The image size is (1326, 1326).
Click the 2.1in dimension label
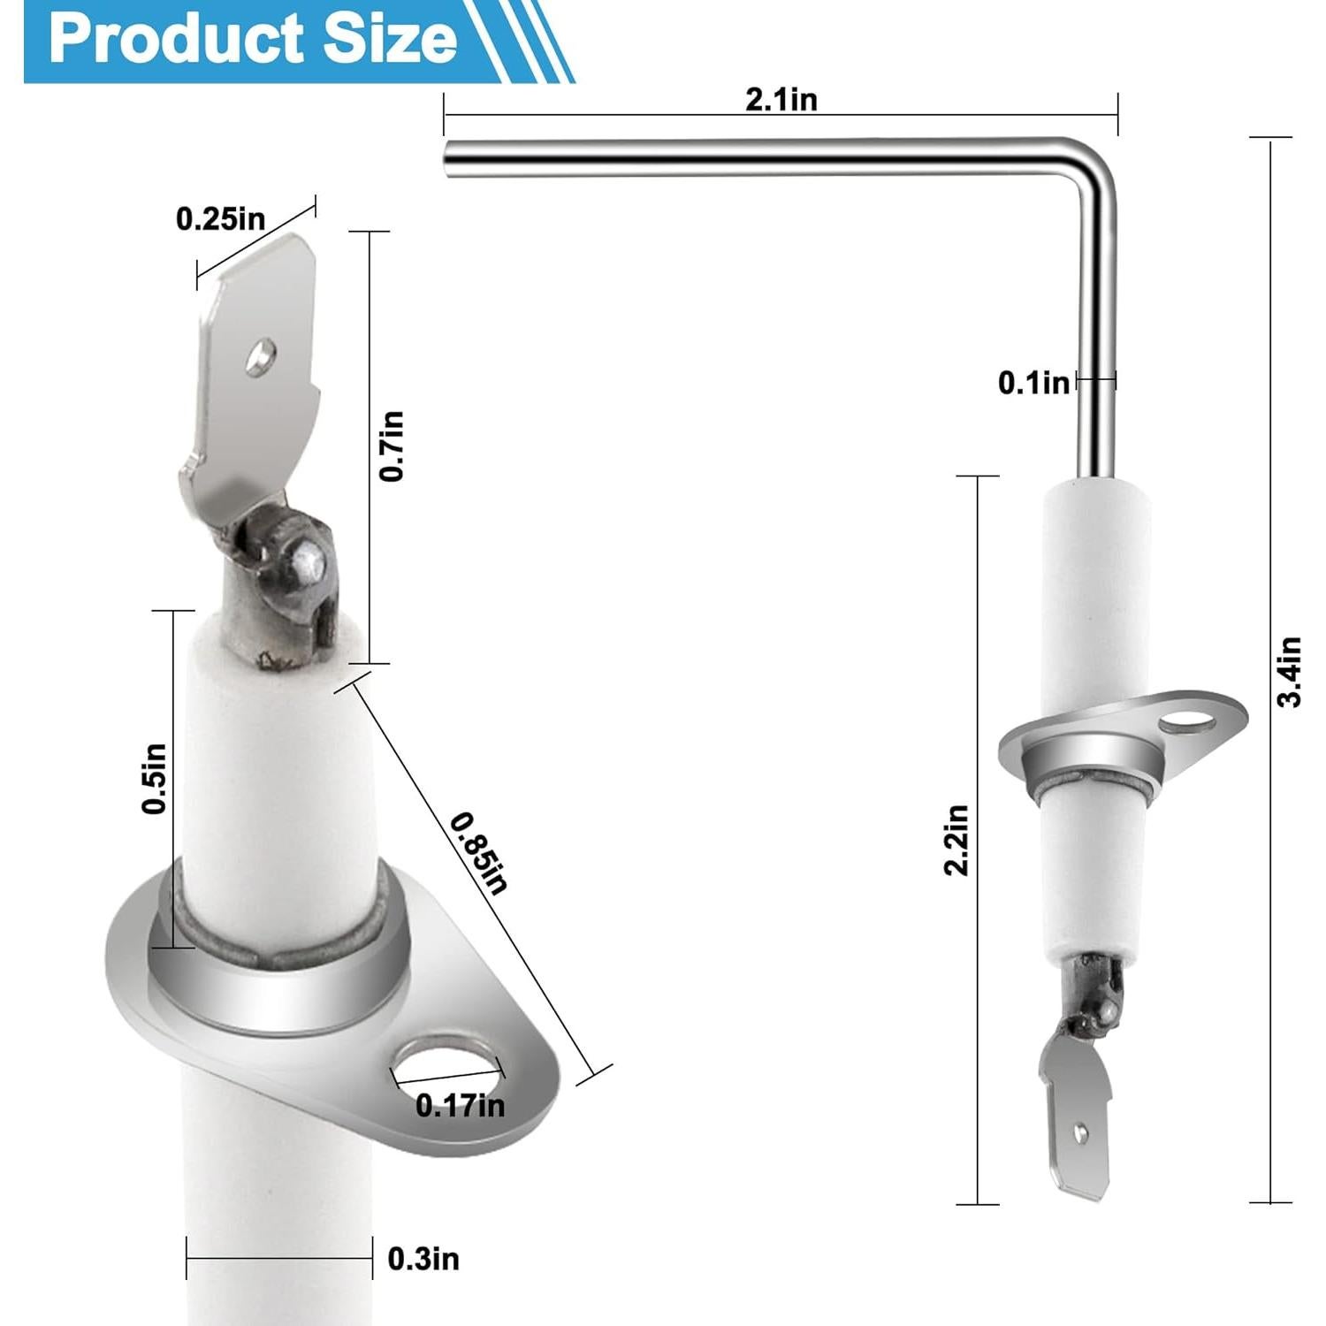coord(781,100)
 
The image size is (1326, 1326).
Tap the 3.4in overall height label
coord(1291,671)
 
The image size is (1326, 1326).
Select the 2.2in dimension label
coord(956,840)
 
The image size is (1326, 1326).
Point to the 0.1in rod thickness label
coord(1033,383)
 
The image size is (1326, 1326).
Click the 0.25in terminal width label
coord(220,218)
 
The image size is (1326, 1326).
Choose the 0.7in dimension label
coord(392,446)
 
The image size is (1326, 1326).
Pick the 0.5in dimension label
coord(154,778)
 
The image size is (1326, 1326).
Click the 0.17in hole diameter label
coord(460,1105)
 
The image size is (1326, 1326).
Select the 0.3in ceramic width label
coord(423,1258)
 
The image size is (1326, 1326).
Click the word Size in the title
coord(389,40)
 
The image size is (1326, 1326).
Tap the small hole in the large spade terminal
coord(261,356)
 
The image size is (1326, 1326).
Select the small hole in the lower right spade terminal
coord(1080,1131)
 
